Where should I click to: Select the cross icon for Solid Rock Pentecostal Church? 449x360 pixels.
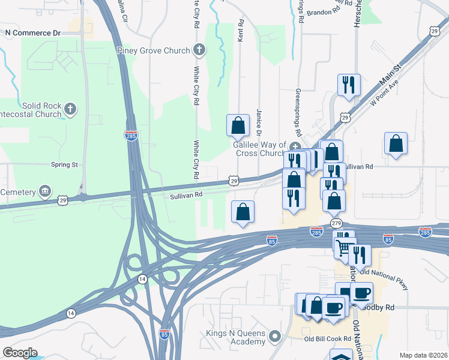pos(70,109)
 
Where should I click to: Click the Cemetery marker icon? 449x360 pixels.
pos(44,191)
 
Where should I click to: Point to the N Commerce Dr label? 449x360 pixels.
pos(33,33)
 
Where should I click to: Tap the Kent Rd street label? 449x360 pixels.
pos(241,31)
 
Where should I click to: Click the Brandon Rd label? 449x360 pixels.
pos(323,12)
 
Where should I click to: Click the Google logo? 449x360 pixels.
pos(20,353)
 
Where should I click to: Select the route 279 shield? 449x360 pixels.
pos(336,223)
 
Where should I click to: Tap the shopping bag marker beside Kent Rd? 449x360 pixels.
pos(238,125)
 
